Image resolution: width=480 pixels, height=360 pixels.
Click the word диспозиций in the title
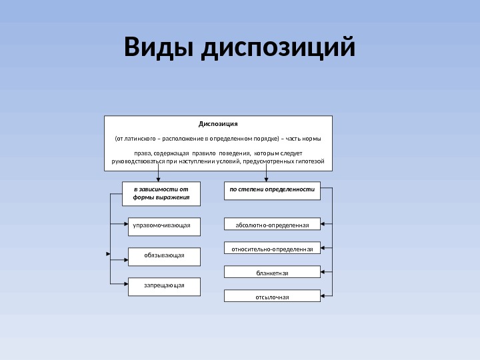277,49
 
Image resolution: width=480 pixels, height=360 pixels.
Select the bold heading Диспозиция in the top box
218,123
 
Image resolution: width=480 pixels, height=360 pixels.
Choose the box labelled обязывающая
163,255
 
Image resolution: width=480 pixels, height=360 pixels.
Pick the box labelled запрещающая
163,285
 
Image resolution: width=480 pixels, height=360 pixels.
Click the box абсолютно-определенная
272,225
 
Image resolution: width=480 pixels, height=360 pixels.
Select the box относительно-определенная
272,249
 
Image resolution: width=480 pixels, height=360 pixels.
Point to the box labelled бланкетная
272,273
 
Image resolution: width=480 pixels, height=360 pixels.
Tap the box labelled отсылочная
272,297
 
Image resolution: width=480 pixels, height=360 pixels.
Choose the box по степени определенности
271,190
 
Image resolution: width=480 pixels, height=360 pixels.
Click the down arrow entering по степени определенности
266,179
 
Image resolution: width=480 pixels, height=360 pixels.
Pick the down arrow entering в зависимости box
158,179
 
